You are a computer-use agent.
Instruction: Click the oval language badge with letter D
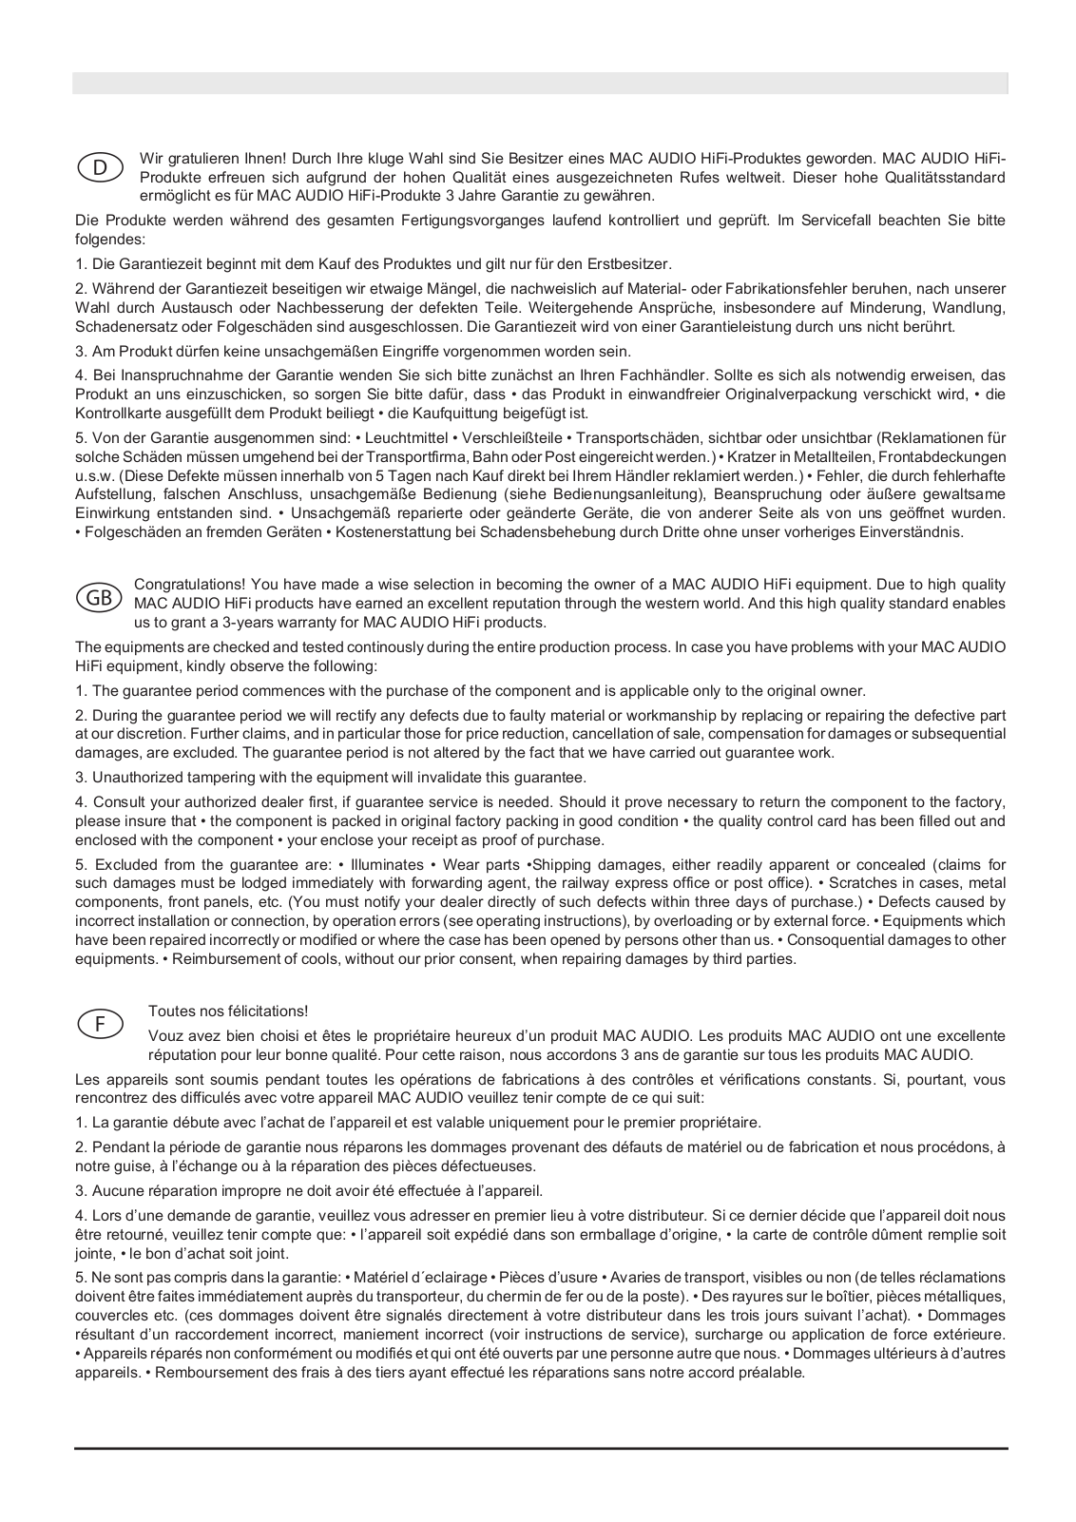pos(99,167)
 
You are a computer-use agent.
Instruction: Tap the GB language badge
pos(99,598)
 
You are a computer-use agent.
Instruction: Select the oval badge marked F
pos(99,1024)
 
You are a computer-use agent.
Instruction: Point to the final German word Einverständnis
pos(912,532)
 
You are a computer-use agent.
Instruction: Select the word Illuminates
pos(387,865)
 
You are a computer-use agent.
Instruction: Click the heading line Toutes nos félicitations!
pos(228,1011)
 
